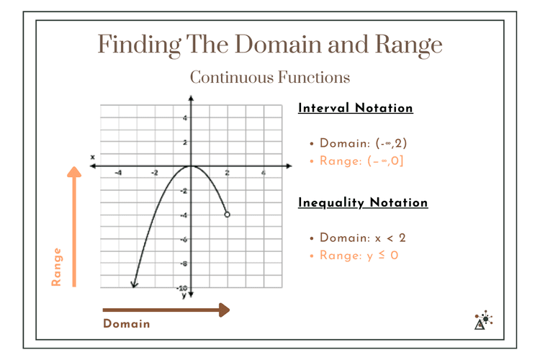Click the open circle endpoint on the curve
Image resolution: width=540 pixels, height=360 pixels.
228,214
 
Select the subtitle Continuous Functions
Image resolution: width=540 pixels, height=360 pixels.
270,76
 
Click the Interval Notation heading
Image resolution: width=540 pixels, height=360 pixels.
356,108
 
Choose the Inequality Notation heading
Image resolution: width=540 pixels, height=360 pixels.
363,202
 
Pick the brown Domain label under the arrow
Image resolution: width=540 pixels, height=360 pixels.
127,324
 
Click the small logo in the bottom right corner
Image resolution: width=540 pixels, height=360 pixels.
483,320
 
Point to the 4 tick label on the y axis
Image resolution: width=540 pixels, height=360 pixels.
184,118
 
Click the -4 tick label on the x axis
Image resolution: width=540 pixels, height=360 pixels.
118,174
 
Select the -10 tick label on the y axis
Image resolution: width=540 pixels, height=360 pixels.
183,287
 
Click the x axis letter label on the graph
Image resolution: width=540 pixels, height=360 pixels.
92,156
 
